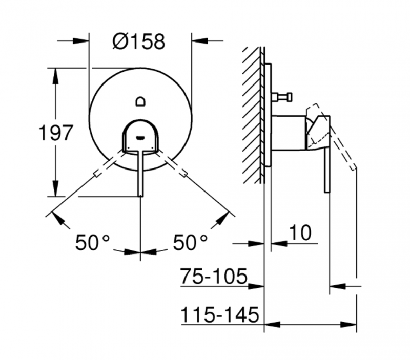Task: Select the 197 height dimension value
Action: pos(56,134)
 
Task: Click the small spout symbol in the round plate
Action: pos(141,102)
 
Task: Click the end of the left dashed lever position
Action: pos(95,176)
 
